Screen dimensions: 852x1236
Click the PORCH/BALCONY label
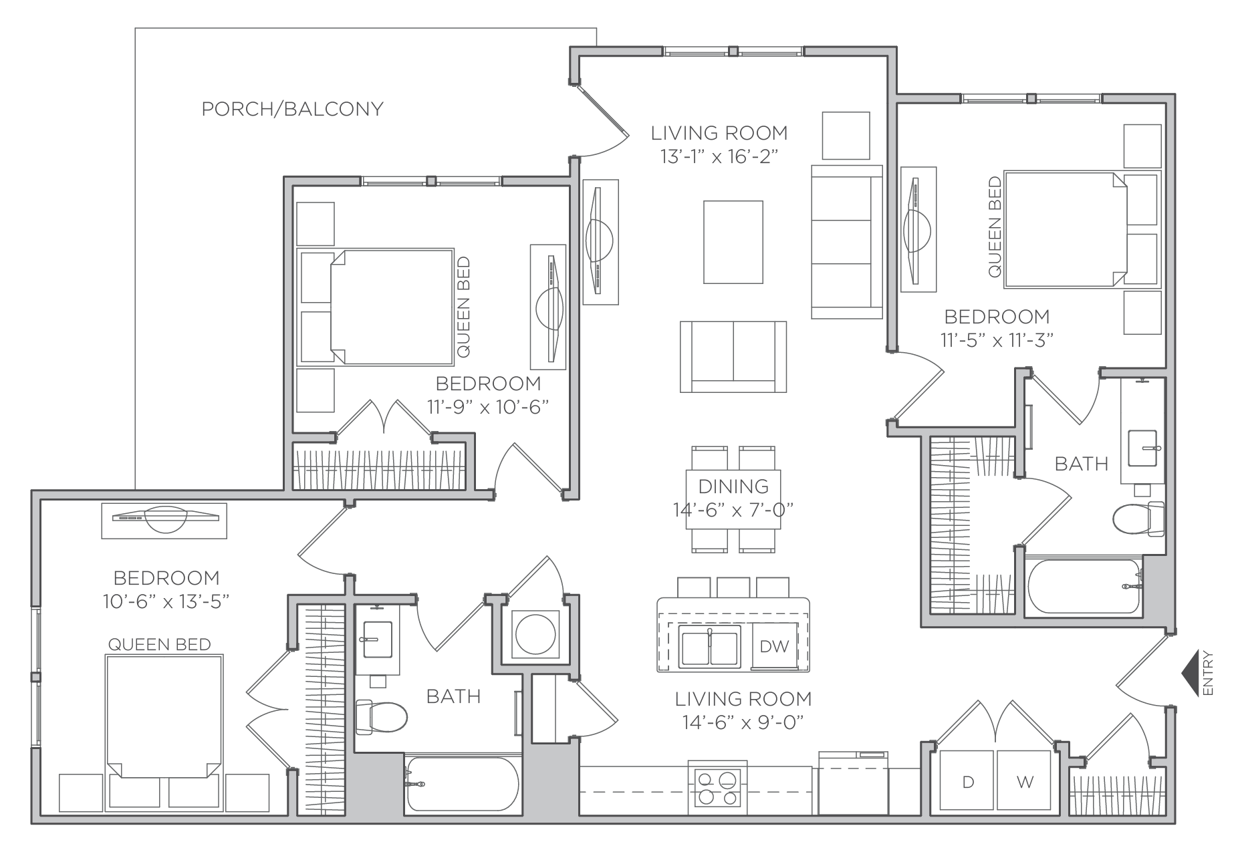pyautogui.click(x=293, y=109)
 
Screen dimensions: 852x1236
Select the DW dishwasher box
pyautogui.click(x=774, y=646)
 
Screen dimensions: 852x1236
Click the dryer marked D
pyautogui.click(x=967, y=783)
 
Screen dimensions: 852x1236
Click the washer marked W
pyautogui.click(x=1025, y=783)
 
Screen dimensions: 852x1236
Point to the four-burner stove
pyautogui.click(x=717, y=787)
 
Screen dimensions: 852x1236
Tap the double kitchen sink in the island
pyautogui.click(x=709, y=646)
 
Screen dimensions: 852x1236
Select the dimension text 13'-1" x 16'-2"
pyautogui.click(x=719, y=156)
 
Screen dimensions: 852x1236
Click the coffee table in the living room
pyautogui.click(x=733, y=242)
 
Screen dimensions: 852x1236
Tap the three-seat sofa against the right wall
pyautogui.click(x=846, y=242)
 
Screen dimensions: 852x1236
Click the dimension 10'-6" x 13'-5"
pyautogui.click(x=166, y=601)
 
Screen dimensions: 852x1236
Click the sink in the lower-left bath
pyautogui.click(x=377, y=639)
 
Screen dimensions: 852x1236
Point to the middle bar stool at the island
pyautogui.click(x=733, y=587)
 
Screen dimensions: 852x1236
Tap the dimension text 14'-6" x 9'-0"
pyautogui.click(x=743, y=722)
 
